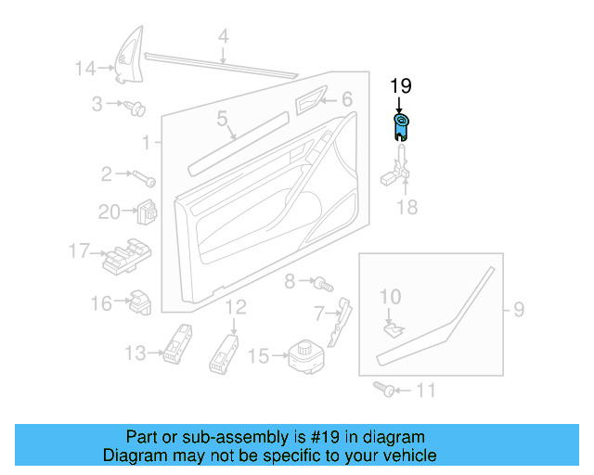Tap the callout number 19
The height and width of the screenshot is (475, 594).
coord(400,87)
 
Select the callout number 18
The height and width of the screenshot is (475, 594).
coord(407,207)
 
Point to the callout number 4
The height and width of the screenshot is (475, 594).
coord(223,37)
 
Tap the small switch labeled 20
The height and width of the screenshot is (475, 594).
coord(146,212)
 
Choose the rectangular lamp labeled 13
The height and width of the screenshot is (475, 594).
coord(176,344)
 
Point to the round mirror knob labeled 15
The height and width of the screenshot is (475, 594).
coord(303,354)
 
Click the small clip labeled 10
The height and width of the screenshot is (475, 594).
coord(394,325)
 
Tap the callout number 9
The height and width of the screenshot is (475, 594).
coord(519,307)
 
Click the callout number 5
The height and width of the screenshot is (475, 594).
coord(223,119)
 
